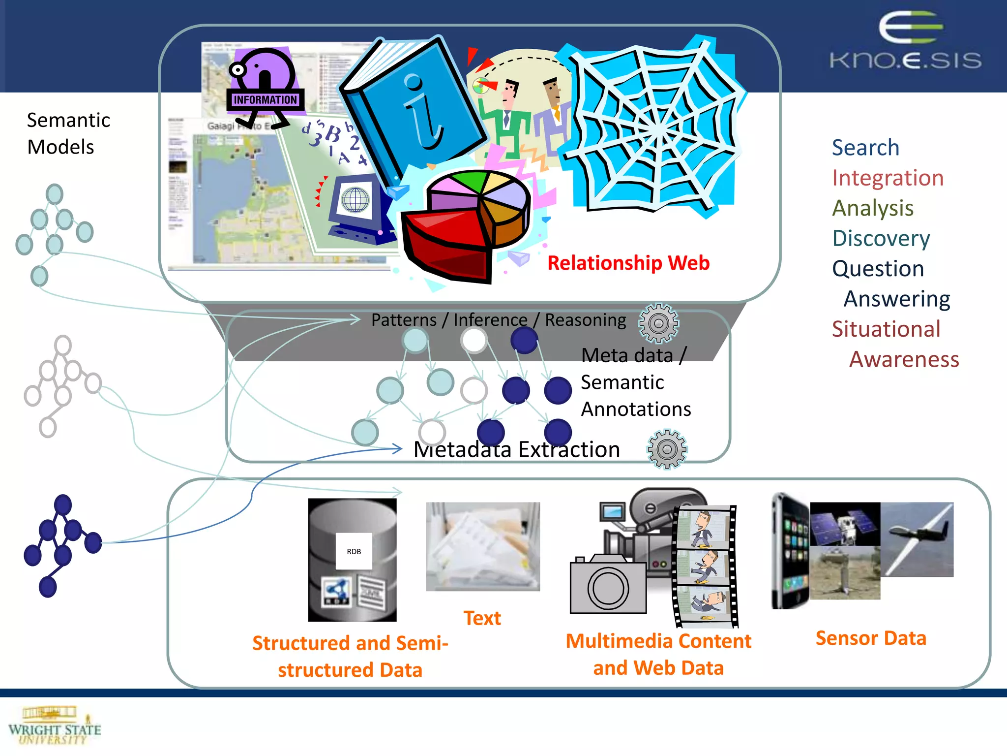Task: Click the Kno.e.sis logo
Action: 906,42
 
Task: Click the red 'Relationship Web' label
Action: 628,263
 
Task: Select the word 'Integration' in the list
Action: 888,178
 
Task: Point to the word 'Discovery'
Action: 881,238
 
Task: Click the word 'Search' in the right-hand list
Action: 865,148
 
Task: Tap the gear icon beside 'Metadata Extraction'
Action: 667,449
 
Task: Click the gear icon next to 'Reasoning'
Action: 658,323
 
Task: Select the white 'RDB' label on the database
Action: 354,551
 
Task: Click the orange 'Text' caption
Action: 482,618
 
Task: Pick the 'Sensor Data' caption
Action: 871,638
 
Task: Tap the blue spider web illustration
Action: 654,128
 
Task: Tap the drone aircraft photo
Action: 917,539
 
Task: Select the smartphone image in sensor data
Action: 790,551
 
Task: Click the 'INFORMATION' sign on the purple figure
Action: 265,100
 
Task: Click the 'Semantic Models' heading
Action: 68,133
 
